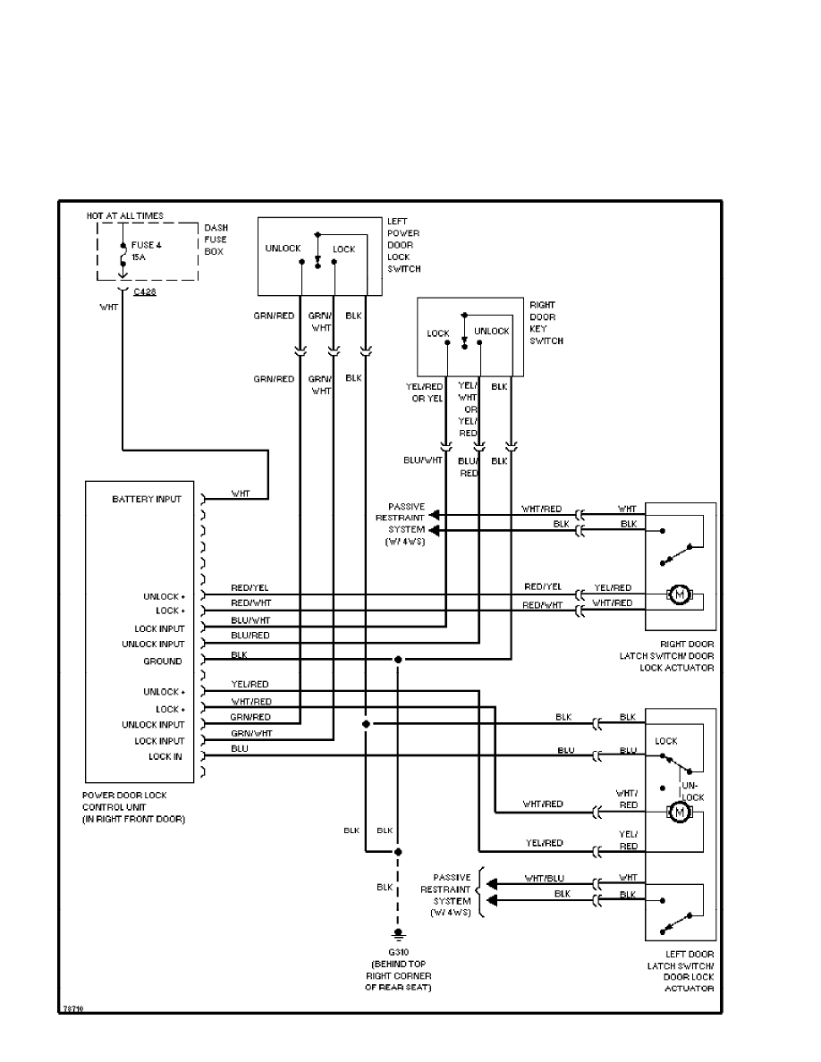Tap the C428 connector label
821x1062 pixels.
pos(145,291)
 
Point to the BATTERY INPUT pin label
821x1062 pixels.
pos(147,499)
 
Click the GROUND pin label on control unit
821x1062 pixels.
pos(163,662)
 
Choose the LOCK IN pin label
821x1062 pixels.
pos(165,756)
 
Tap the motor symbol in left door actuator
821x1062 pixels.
pos(679,812)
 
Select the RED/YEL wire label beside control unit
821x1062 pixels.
pos(250,587)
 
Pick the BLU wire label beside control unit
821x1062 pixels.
pos(240,748)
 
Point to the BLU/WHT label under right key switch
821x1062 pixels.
pos(424,461)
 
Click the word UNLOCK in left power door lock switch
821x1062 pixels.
pos(284,249)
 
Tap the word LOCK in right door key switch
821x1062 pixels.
pos(438,333)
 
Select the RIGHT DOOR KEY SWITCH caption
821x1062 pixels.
pos(546,323)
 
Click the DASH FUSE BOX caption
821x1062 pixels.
pos(216,240)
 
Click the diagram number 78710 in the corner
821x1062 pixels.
pos(72,1007)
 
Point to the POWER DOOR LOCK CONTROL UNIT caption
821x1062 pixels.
pos(133,806)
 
